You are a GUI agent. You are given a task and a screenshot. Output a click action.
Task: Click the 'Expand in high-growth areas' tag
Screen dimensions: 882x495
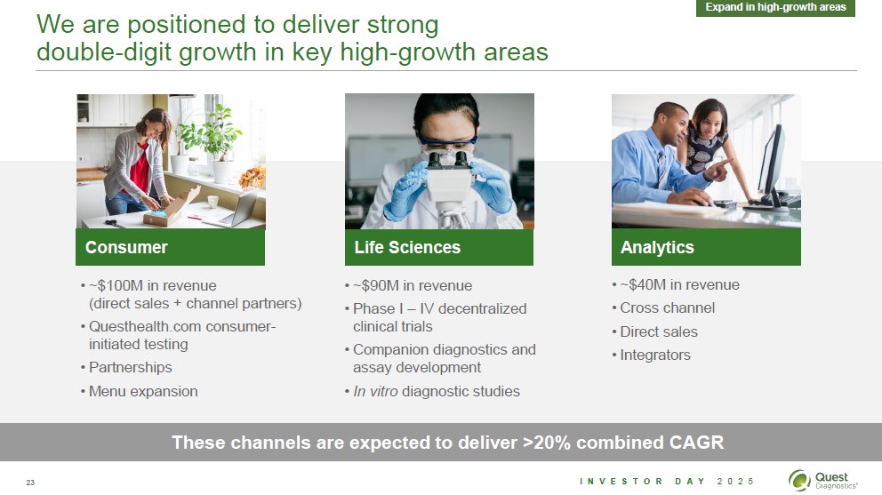tap(775, 7)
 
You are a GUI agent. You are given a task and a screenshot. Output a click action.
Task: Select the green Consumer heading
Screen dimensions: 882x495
tap(170, 247)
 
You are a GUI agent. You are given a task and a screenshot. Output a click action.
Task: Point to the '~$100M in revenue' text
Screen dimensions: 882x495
tap(152, 285)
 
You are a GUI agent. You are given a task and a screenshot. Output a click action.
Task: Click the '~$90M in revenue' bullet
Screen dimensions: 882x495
tap(413, 285)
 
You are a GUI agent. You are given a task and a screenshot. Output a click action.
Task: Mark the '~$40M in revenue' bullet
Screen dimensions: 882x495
tap(679, 284)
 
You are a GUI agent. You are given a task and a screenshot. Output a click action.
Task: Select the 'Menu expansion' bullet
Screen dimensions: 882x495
tap(143, 391)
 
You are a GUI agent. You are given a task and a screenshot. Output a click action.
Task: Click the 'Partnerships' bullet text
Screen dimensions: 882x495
tap(131, 367)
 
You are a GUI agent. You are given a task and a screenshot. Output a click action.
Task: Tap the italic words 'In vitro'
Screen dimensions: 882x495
tap(375, 391)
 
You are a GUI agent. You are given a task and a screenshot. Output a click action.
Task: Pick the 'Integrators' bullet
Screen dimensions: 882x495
tap(655, 355)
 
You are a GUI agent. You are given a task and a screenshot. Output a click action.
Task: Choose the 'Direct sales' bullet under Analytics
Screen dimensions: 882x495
tap(659, 331)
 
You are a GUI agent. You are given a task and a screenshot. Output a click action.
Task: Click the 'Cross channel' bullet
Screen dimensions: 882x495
tap(667, 307)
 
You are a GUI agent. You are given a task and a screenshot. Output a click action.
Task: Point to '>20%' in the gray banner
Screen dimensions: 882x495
tap(546, 443)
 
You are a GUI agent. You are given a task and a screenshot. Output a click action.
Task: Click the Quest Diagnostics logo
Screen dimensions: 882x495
tap(823, 481)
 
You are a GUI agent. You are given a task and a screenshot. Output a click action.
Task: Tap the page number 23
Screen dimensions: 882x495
tap(30, 482)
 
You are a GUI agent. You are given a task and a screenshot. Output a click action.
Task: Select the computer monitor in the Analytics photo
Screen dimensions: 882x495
tap(771, 168)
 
